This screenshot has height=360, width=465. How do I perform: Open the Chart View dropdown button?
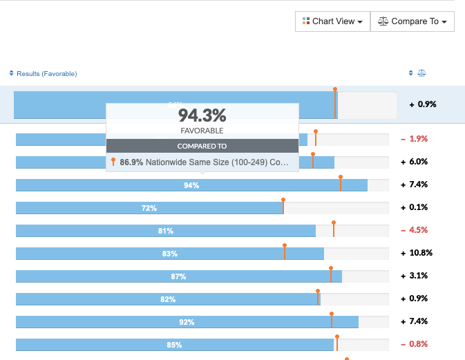(333, 21)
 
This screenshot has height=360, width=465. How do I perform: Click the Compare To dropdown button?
(412, 21)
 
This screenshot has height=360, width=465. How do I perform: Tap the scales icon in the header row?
(422, 73)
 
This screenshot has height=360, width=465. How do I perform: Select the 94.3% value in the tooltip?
(202, 115)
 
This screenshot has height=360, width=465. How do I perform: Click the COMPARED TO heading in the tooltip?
(202, 146)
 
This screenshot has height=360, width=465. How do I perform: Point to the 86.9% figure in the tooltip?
(131, 162)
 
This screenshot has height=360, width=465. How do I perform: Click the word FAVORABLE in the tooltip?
(202, 131)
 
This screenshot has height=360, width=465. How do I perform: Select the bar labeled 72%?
(149, 208)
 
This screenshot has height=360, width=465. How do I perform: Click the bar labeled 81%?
(165, 231)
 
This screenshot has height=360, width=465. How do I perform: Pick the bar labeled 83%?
(169, 254)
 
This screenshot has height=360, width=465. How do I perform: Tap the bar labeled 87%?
(178, 276)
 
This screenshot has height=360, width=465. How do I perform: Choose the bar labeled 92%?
(187, 322)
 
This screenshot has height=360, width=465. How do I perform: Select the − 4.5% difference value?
(415, 230)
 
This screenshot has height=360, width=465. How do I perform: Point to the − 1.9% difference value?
(415, 139)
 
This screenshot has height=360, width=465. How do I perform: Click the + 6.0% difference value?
(415, 162)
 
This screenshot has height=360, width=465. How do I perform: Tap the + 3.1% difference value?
(415, 276)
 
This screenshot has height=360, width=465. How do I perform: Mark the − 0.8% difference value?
(415, 344)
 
